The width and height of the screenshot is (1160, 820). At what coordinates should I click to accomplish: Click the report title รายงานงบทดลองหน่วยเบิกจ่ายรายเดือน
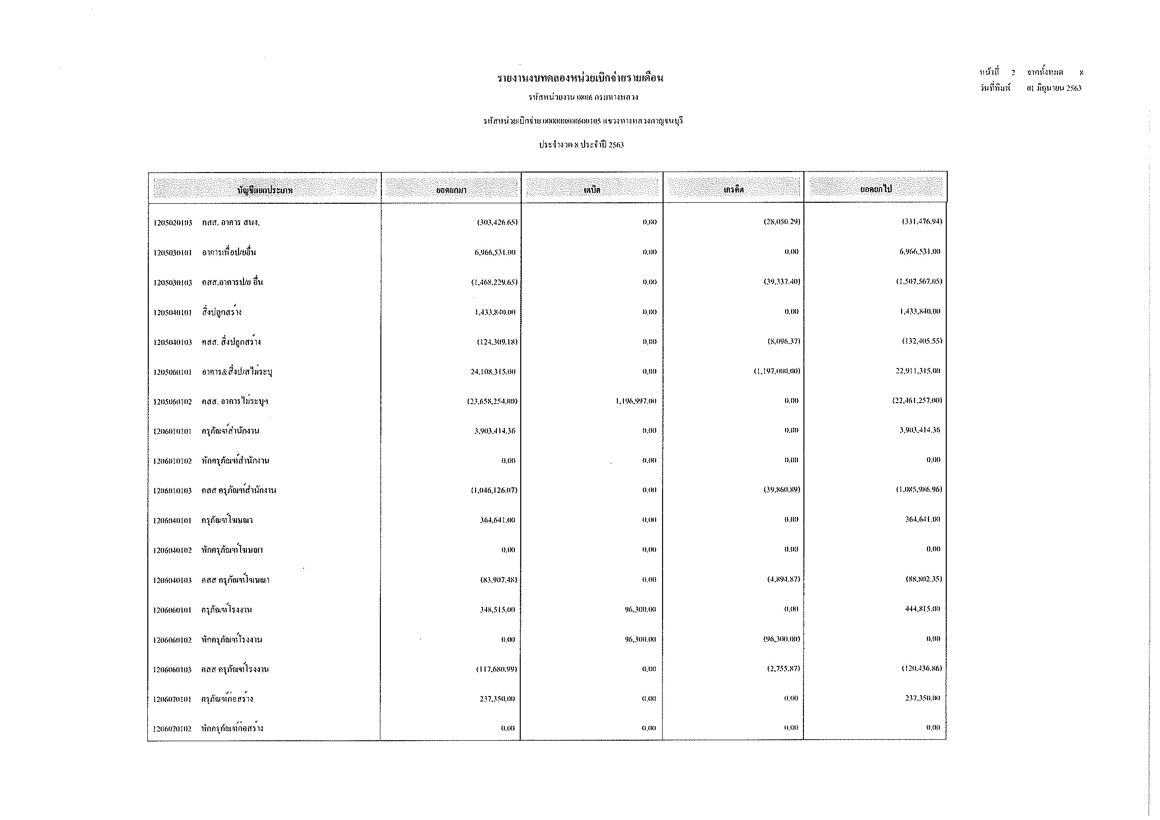580,78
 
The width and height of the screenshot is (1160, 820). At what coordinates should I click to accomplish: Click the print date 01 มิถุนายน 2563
1054,88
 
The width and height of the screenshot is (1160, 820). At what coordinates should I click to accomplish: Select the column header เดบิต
592,190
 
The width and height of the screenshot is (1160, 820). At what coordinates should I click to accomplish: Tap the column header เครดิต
733,190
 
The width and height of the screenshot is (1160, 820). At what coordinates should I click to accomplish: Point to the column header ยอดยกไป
876,189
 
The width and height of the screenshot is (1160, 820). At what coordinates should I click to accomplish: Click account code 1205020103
173,223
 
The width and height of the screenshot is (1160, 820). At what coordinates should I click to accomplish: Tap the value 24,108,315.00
492,372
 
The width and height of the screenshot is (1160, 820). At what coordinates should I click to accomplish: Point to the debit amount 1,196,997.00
636,402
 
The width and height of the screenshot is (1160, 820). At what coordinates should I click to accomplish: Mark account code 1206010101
173,431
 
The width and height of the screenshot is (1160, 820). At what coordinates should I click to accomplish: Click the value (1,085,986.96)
919,490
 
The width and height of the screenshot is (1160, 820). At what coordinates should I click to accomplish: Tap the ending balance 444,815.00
922,609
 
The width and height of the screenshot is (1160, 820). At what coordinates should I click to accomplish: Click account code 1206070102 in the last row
173,729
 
